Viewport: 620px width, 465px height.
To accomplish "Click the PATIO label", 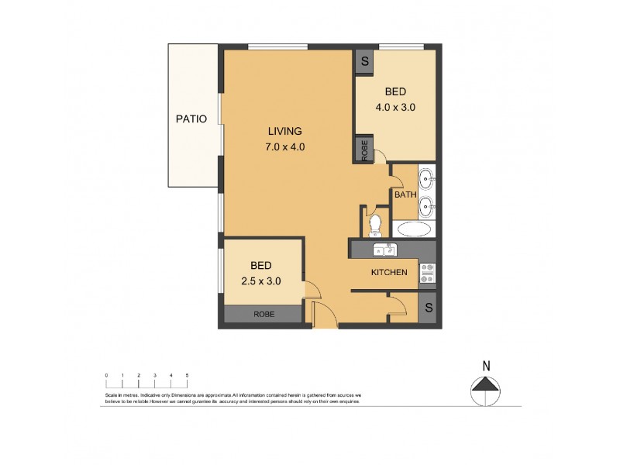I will pyautogui.click(x=191, y=119).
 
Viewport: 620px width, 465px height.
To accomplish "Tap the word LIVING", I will pyautogui.click(x=285, y=131).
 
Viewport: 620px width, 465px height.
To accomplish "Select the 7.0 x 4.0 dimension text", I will pyautogui.click(x=285, y=146).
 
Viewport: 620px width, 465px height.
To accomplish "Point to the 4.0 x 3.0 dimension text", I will pyautogui.click(x=395, y=108).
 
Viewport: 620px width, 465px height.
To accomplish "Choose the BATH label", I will pyautogui.click(x=405, y=195).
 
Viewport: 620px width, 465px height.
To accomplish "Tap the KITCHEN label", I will pyautogui.click(x=389, y=272).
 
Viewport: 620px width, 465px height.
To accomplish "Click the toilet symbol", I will pyautogui.click(x=376, y=225).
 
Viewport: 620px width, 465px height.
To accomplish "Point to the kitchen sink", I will pyautogui.click(x=384, y=250).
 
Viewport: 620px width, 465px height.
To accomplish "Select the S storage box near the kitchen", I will pyautogui.click(x=428, y=308).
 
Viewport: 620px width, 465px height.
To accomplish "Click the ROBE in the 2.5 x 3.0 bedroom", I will pyautogui.click(x=263, y=315).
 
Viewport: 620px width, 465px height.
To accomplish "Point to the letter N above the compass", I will pyautogui.click(x=486, y=366).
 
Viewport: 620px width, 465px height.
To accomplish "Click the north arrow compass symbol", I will pyautogui.click(x=486, y=385).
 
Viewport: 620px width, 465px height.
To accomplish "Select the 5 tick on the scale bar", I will pyautogui.click(x=187, y=375).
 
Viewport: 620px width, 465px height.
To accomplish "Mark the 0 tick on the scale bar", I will pyautogui.click(x=106, y=375).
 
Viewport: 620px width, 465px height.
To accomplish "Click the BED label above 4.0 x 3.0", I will pyautogui.click(x=395, y=91).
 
